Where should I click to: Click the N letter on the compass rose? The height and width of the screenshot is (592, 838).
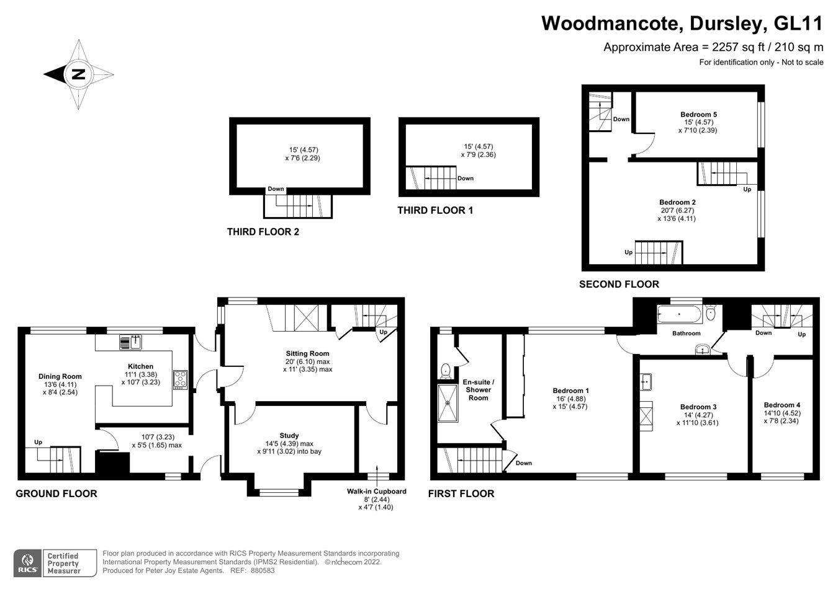78,74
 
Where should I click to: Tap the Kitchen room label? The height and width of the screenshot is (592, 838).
140,366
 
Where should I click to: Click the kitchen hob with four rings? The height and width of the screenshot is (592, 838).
181,379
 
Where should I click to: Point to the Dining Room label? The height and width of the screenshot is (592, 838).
60,376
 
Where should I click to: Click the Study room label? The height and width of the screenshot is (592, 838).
289,435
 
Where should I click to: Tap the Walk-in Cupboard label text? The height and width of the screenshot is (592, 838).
376,491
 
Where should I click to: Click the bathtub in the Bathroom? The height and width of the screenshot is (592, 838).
679,314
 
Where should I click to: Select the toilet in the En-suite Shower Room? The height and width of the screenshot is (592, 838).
445,371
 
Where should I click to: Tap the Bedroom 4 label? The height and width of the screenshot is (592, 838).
782,405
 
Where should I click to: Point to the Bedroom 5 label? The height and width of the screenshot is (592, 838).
698,115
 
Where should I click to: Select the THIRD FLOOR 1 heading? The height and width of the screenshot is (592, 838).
435,211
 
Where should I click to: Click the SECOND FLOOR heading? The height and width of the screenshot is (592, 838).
619,284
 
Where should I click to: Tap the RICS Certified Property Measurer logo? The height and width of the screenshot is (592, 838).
55,563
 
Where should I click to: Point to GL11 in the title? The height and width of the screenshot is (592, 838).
798,24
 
